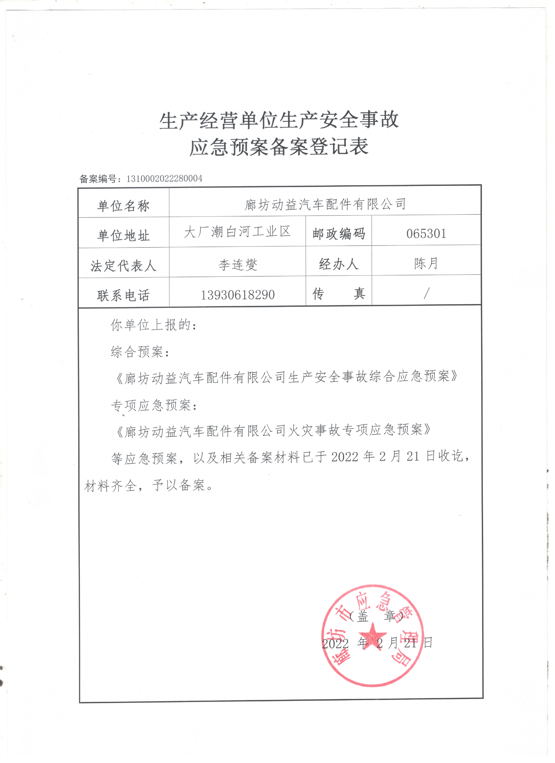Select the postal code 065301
click(x=426, y=233)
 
